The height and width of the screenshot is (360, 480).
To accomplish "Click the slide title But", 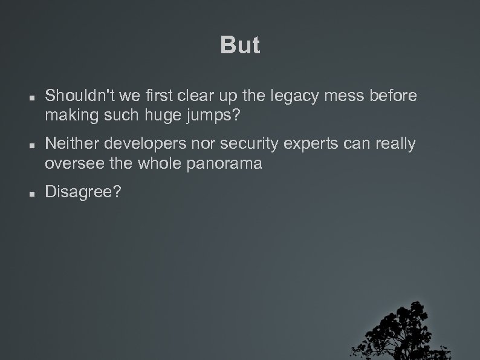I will [240, 45].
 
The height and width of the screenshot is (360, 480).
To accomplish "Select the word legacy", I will [287, 96].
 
